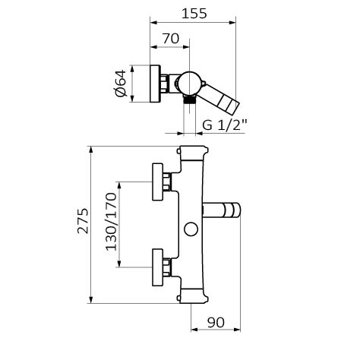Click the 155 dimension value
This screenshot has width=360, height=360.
(x=194, y=14)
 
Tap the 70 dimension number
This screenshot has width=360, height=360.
(x=171, y=39)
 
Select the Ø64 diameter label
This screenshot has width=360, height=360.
(x=121, y=83)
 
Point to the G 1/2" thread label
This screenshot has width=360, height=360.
(x=225, y=125)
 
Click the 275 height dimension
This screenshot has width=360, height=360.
(x=84, y=221)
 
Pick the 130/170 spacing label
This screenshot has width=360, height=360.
(x=111, y=222)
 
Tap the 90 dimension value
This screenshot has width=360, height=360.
(x=216, y=323)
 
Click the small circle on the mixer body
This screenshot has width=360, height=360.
(x=191, y=229)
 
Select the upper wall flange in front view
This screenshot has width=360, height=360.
(x=157, y=182)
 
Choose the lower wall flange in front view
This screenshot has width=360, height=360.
(x=157, y=267)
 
